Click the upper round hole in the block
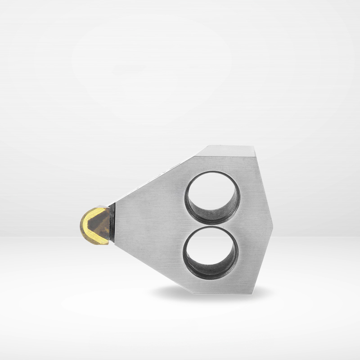[213, 198]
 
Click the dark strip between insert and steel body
[112, 223]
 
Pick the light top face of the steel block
[227, 151]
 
